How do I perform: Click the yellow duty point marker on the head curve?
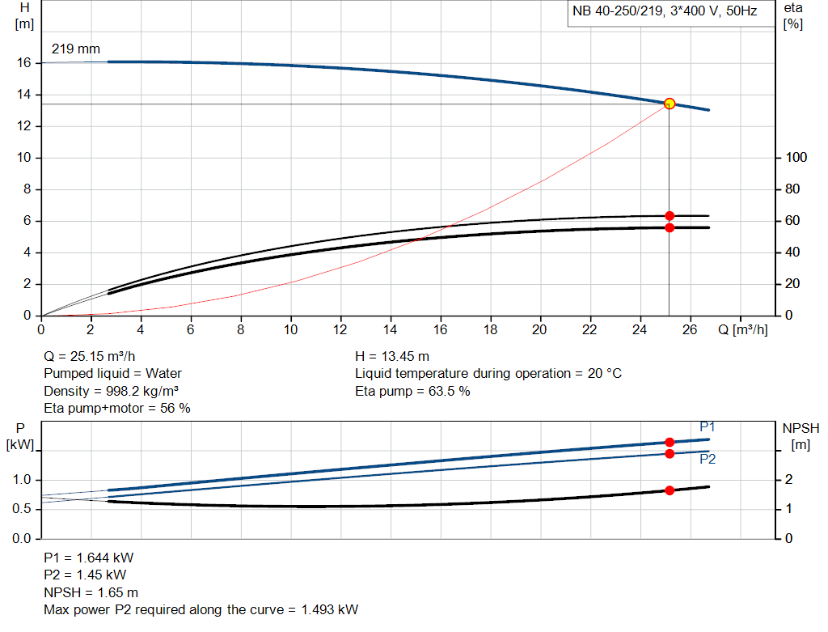[x=670, y=104]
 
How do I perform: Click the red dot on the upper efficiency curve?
[x=670, y=216]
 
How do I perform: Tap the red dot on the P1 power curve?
[x=670, y=442]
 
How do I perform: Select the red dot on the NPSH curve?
[x=670, y=490]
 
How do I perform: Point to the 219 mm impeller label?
[x=76, y=49]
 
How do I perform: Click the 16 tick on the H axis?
[x=24, y=62]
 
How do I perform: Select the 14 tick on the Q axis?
[x=391, y=329]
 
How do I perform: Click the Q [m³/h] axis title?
[x=742, y=329]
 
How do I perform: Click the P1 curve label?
[x=708, y=426]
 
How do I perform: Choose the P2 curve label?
[x=708, y=459]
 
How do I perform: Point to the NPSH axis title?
[x=801, y=428]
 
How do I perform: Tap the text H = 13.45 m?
[x=392, y=356]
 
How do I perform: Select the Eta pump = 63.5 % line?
[x=412, y=392]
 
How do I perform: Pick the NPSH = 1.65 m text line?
[x=91, y=592]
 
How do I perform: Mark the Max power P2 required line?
[x=201, y=609]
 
